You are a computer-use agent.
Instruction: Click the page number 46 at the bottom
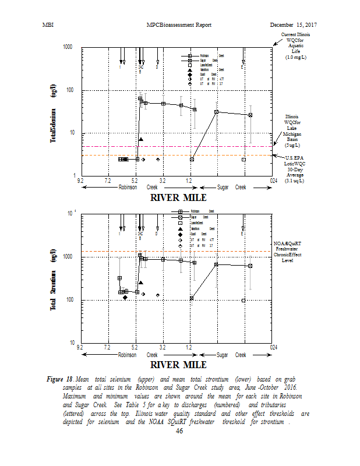179,431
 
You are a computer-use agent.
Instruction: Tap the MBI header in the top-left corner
49,24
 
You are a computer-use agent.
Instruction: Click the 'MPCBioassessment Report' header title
179,24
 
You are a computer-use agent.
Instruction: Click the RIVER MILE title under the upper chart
178,197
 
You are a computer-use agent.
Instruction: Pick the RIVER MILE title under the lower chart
178,365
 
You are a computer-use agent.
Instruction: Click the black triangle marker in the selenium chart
141,140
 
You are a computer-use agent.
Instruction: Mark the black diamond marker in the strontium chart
125,298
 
